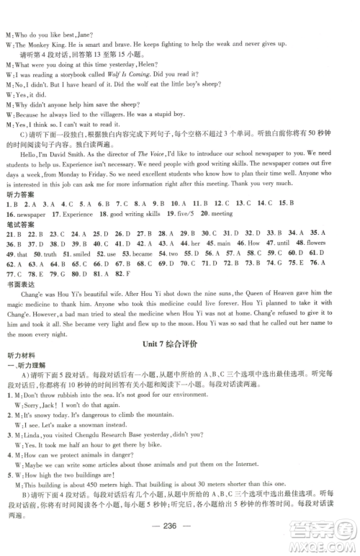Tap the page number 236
pyautogui.click(x=179, y=537)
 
